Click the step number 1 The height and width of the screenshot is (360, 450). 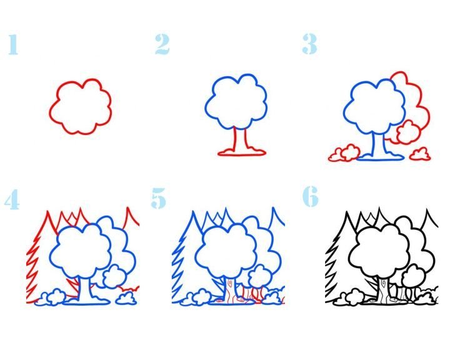click(x=13, y=44)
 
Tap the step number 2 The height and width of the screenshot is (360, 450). click(x=162, y=44)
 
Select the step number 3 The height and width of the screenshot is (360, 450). click(x=309, y=44)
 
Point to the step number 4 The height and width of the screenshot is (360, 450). click(x=12, y=199)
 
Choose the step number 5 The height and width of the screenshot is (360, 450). click(x=158, y=198)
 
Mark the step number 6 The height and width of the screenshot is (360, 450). click(x=311, y=196)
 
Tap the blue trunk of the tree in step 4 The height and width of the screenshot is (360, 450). click(x=85, y=290)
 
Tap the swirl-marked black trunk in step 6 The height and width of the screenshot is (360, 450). click(x=384, y=290)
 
